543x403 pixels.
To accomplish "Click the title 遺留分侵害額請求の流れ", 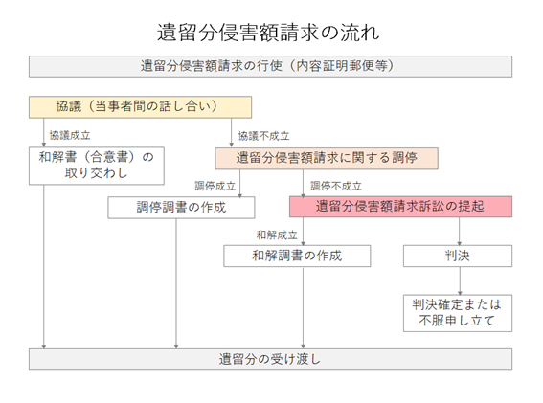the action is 268,33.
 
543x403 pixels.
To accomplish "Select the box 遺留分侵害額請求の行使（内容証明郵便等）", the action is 270,66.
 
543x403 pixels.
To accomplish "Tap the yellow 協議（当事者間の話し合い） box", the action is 140,107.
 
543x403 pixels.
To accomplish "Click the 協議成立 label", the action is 70,135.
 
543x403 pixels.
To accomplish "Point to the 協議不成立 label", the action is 264,136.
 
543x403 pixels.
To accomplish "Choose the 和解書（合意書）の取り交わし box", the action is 97,166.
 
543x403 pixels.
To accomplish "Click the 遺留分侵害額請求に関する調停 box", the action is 327,159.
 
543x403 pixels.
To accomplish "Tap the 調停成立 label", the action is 215,187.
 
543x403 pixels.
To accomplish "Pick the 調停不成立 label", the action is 336,187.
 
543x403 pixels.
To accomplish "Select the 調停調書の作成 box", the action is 181,208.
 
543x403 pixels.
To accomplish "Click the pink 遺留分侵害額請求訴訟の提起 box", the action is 400,207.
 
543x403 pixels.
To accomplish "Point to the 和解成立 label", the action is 277,235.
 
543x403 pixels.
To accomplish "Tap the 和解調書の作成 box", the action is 297,257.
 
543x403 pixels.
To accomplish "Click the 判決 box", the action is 458,257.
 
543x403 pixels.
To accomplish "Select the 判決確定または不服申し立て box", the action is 458,313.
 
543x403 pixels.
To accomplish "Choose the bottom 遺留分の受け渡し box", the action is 270,360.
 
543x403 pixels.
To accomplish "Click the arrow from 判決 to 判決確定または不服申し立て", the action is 460,280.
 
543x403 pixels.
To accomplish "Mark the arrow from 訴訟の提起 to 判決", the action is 460,232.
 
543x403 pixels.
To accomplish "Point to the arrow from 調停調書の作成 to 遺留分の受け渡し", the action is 176,283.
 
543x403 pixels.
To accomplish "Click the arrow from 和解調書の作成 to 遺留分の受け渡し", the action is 303,308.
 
